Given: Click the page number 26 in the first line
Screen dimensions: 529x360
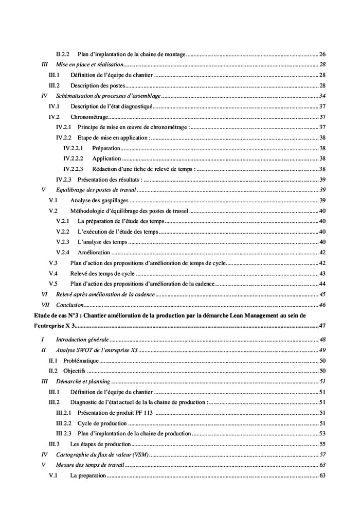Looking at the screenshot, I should (322, 54).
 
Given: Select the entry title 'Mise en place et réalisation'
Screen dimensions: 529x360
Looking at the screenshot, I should (89, 64).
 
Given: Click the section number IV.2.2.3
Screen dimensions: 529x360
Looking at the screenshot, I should (73, 169).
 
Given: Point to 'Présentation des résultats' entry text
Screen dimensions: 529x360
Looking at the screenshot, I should (110, 180).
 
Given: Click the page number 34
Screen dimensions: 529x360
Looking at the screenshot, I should (322, 96).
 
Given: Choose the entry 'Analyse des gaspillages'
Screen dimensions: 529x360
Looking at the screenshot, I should (99, 200).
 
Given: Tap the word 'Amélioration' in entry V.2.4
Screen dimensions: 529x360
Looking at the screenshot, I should (94, 252).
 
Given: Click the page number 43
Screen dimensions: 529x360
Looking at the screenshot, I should (322, 273).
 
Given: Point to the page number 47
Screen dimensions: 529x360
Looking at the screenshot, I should (322, 325).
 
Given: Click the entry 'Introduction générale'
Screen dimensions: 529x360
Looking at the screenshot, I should (82, 340).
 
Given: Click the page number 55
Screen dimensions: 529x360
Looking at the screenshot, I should (322, 444).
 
